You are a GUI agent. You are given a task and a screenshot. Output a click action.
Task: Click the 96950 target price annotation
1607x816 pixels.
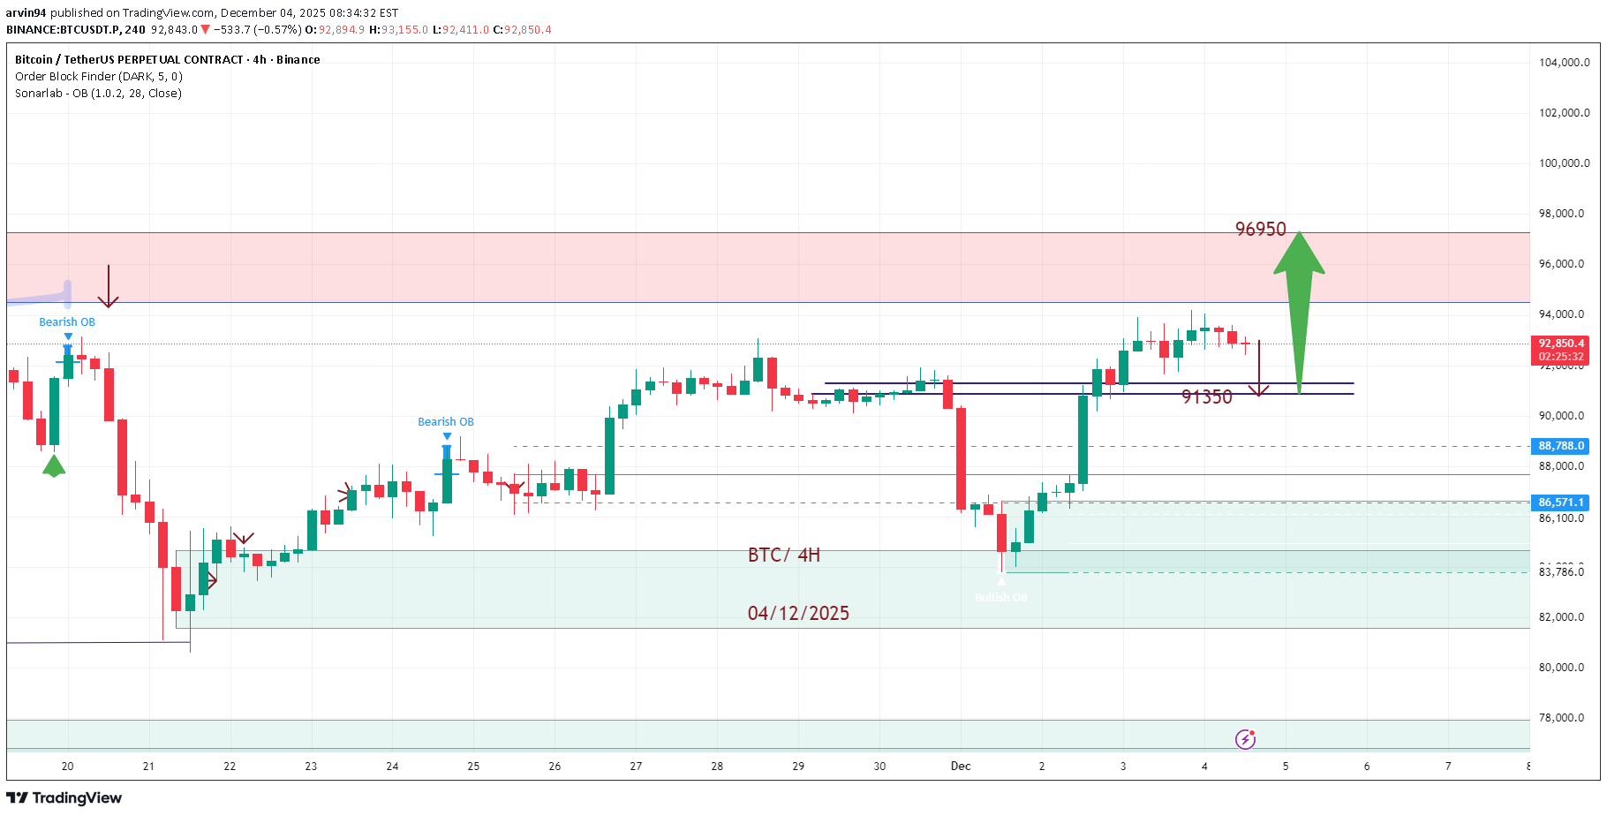point(1260,230)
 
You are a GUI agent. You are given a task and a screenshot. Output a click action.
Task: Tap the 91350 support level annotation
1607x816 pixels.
point(1206,397)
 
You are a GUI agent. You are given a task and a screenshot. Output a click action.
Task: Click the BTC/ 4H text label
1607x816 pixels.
point(783,555)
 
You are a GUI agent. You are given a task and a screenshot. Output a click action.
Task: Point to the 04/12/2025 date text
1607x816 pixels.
point(798,614)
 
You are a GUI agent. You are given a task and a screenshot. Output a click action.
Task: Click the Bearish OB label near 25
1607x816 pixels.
point(445,422)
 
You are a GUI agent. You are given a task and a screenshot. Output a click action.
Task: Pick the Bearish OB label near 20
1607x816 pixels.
point(67,322)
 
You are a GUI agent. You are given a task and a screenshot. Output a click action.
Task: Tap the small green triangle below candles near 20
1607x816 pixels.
point(54,466)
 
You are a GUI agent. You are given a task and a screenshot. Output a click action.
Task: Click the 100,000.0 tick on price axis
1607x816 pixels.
point(1564,163)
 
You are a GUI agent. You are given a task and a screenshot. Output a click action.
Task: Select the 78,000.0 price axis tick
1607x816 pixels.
point(1564,718)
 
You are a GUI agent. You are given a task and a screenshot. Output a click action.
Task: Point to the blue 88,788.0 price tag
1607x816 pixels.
point(1560,446)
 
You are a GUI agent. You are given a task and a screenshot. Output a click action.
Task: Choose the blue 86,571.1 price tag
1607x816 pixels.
point(1560,502)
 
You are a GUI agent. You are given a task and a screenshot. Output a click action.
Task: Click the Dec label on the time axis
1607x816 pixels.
point(961,767)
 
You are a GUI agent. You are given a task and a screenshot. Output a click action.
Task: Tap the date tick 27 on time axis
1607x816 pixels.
point(636,767)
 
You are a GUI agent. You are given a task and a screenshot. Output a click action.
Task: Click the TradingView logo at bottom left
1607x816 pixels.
point(64,798)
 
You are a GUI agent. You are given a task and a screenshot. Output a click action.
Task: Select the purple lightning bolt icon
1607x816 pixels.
point(1245,739)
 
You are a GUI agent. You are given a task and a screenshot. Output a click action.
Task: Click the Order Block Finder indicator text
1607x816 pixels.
point(99,77)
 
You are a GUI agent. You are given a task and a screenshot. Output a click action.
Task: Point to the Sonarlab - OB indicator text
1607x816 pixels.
point(98,94)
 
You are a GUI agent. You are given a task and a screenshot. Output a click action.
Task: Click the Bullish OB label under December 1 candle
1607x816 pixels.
point(1000,598)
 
